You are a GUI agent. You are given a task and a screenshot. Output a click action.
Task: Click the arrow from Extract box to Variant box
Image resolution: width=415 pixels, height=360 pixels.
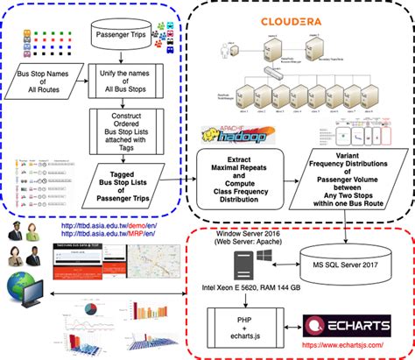[296, 166]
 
